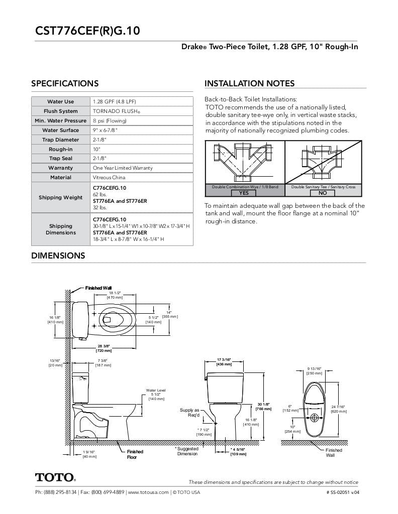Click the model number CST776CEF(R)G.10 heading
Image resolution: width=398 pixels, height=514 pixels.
(87, 31)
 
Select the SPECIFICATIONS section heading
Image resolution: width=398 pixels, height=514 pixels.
(65, 84)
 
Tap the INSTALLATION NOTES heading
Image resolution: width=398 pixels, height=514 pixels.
(249, 84)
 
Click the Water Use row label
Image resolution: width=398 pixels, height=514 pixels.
(60, 102)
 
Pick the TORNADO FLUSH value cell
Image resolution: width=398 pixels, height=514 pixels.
(116, 111)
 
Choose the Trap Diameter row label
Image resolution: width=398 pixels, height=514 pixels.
(60, 140)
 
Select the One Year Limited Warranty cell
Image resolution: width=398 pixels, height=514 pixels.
(122, 168)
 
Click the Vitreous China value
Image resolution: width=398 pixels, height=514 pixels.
(110, 178)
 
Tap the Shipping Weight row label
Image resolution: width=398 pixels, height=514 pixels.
(60, 197)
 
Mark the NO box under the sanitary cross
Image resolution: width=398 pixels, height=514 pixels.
(323, 193)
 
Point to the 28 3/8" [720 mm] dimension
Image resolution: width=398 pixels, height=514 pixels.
(104, 348)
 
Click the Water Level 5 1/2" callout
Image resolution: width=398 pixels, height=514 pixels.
(156, 394)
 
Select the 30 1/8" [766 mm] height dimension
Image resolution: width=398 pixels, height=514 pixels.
(264, 407)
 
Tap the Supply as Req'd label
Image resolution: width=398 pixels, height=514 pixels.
(189, 413)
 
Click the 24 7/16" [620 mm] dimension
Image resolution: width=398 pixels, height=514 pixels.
(338, 409)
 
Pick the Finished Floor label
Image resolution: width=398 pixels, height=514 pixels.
(134, 454)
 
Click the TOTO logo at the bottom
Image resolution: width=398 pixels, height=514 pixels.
(55, 477)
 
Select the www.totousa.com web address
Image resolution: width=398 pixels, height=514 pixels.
(148, 492)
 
